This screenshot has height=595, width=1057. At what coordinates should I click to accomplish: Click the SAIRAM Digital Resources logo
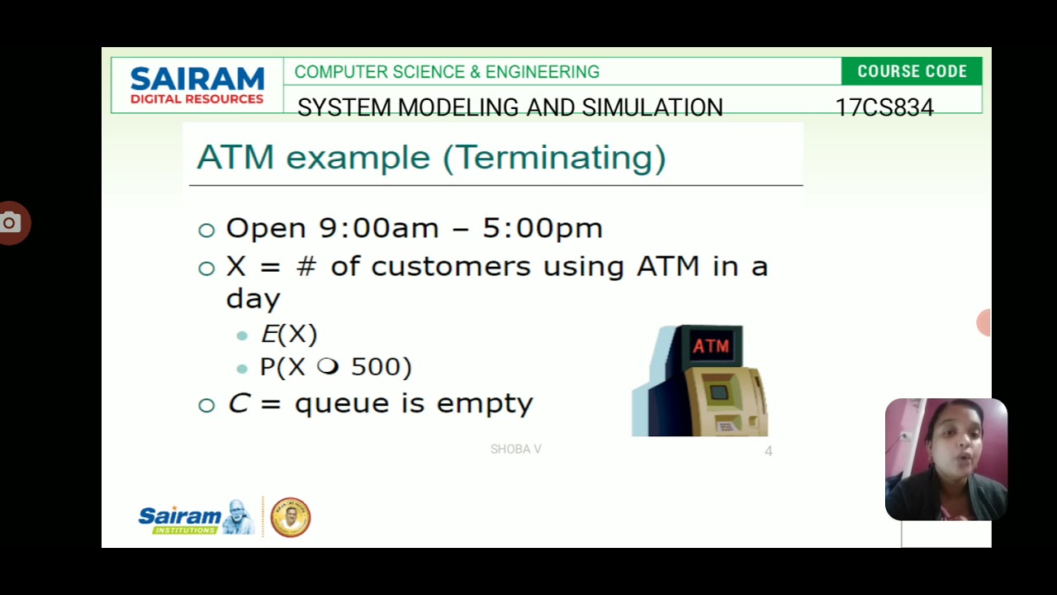pos(197,86)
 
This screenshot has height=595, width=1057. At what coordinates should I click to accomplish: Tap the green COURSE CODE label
pos(912,72)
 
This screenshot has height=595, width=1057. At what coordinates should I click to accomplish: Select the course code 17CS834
pos(884,108)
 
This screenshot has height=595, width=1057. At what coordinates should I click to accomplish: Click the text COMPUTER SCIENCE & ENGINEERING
pos(447,72)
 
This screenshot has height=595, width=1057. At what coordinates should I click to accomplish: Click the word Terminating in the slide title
pos(555,157)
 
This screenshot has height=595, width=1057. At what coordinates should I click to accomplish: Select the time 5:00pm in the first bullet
pos(543,228)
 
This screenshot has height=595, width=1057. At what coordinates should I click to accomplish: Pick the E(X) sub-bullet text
pos(289,334)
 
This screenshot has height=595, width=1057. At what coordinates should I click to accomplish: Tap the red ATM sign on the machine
pos(711,345)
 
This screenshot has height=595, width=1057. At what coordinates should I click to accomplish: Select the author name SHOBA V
pos(515,450)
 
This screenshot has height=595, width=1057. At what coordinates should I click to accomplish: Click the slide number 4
pos(768,451)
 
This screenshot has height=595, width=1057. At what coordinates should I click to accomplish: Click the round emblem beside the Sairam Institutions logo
pos(291,517)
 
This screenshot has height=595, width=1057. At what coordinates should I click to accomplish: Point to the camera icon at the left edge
pos(10,222)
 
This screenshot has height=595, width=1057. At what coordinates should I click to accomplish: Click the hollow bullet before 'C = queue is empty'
pos(206,405)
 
